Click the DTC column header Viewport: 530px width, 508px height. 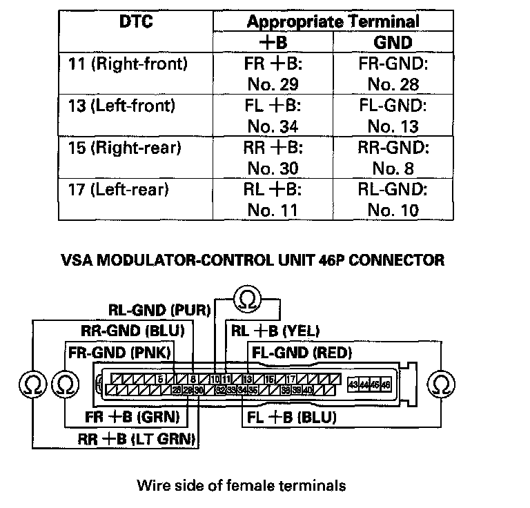(135, 21)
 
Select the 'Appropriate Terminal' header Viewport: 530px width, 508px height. (333, 21)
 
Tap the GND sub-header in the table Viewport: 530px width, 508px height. (393, 43)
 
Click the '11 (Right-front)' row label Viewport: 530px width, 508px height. (139, 64)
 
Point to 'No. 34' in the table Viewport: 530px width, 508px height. (273, 126)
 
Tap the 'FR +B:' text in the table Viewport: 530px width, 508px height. (273, 64)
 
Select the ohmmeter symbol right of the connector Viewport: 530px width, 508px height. (441, 383)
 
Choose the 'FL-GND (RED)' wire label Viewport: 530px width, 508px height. (302, 353)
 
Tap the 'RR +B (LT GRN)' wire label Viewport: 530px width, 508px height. (139, 438)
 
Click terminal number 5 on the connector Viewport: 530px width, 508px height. (160, 379)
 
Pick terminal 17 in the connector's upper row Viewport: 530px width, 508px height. (292, 379)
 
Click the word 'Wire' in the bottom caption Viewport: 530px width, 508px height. (153, 485)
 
